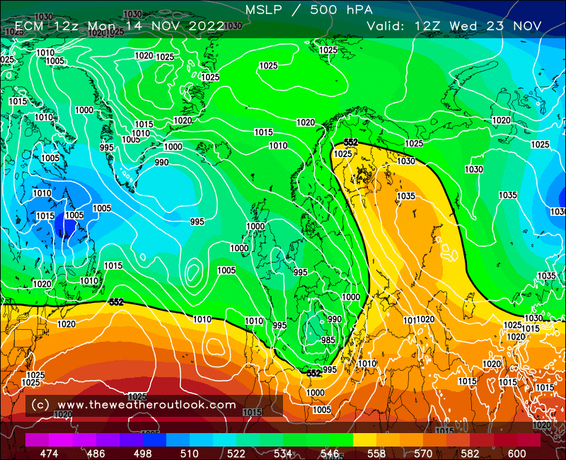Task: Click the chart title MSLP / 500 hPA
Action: coord(308,9)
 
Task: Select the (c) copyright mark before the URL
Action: coord(40,405)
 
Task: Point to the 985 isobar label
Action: coord(328,340)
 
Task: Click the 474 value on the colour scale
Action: coord(50,453)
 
